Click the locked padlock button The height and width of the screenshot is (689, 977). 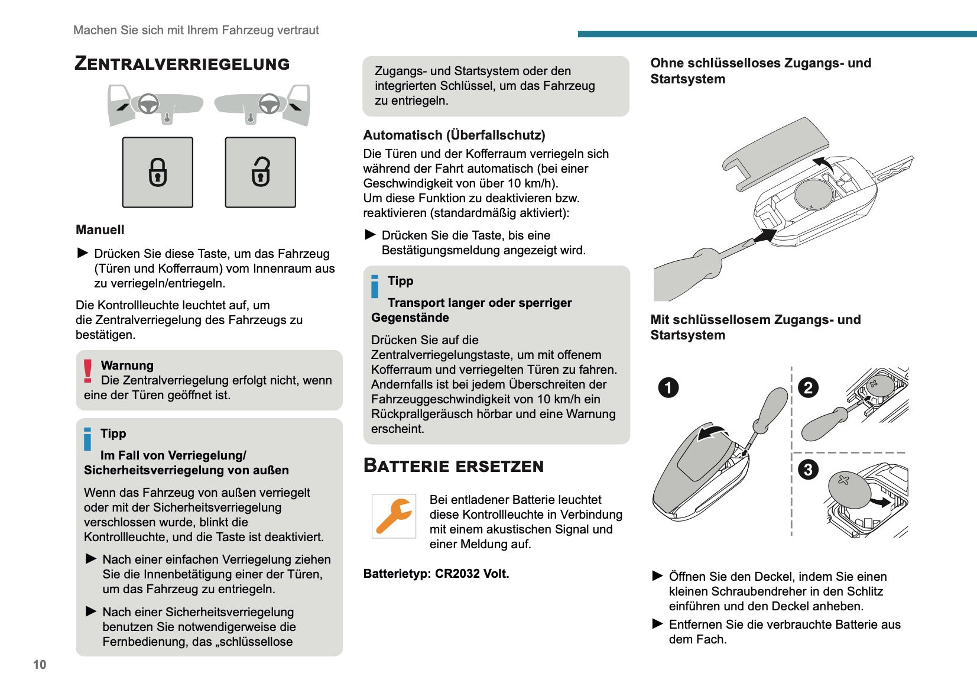click(158, 172)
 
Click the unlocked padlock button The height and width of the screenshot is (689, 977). click(261, 172)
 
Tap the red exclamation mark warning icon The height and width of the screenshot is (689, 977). click(88, 371)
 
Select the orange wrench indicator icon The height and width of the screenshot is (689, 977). click(394, 516)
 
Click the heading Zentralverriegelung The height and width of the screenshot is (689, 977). click(182, 64)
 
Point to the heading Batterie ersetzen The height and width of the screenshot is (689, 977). click(453, 466)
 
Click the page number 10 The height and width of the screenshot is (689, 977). click(40, 665)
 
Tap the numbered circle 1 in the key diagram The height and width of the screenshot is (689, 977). click(668, 388)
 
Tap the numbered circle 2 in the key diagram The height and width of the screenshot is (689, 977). click(808, 388)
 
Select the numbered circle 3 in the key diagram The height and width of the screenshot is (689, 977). click(808, 470)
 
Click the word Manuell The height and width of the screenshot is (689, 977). click(100, 230)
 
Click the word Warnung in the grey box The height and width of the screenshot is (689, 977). click(127, 365)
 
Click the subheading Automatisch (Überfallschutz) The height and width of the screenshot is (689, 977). click(454, 135)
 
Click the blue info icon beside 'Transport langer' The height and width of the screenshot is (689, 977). click(375, 287)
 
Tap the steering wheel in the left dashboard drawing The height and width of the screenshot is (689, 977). click(148, 104)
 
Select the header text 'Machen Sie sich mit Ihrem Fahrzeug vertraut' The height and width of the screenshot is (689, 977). click(196, 30)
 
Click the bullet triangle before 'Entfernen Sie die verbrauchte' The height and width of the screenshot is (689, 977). click(657, 624)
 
